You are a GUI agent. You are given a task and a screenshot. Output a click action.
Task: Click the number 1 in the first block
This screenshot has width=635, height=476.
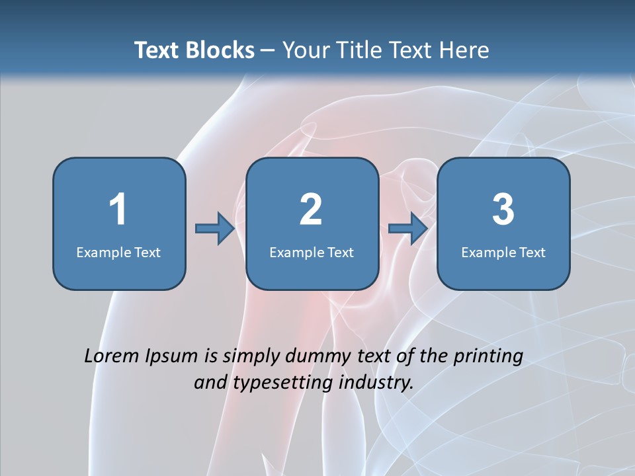coord(118,210)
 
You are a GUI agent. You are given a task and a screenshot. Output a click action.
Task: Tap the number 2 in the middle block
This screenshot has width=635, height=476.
coord(311,210)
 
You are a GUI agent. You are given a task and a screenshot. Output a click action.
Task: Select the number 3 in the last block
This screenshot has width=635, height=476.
coord(503,210)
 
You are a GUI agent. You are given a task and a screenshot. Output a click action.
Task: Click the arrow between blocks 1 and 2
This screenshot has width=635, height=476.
coord(215,229)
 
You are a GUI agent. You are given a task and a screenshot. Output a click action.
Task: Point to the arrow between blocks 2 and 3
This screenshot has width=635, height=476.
coord(407,229)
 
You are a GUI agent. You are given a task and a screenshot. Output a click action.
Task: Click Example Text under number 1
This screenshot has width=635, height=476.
coord(118,252)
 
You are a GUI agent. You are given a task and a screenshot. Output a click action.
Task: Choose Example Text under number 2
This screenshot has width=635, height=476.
coord(312,252)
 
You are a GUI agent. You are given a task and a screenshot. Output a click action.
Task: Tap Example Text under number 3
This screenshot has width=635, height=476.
coord(503,252)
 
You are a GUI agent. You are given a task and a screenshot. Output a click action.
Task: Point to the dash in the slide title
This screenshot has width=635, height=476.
coord(268,51)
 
